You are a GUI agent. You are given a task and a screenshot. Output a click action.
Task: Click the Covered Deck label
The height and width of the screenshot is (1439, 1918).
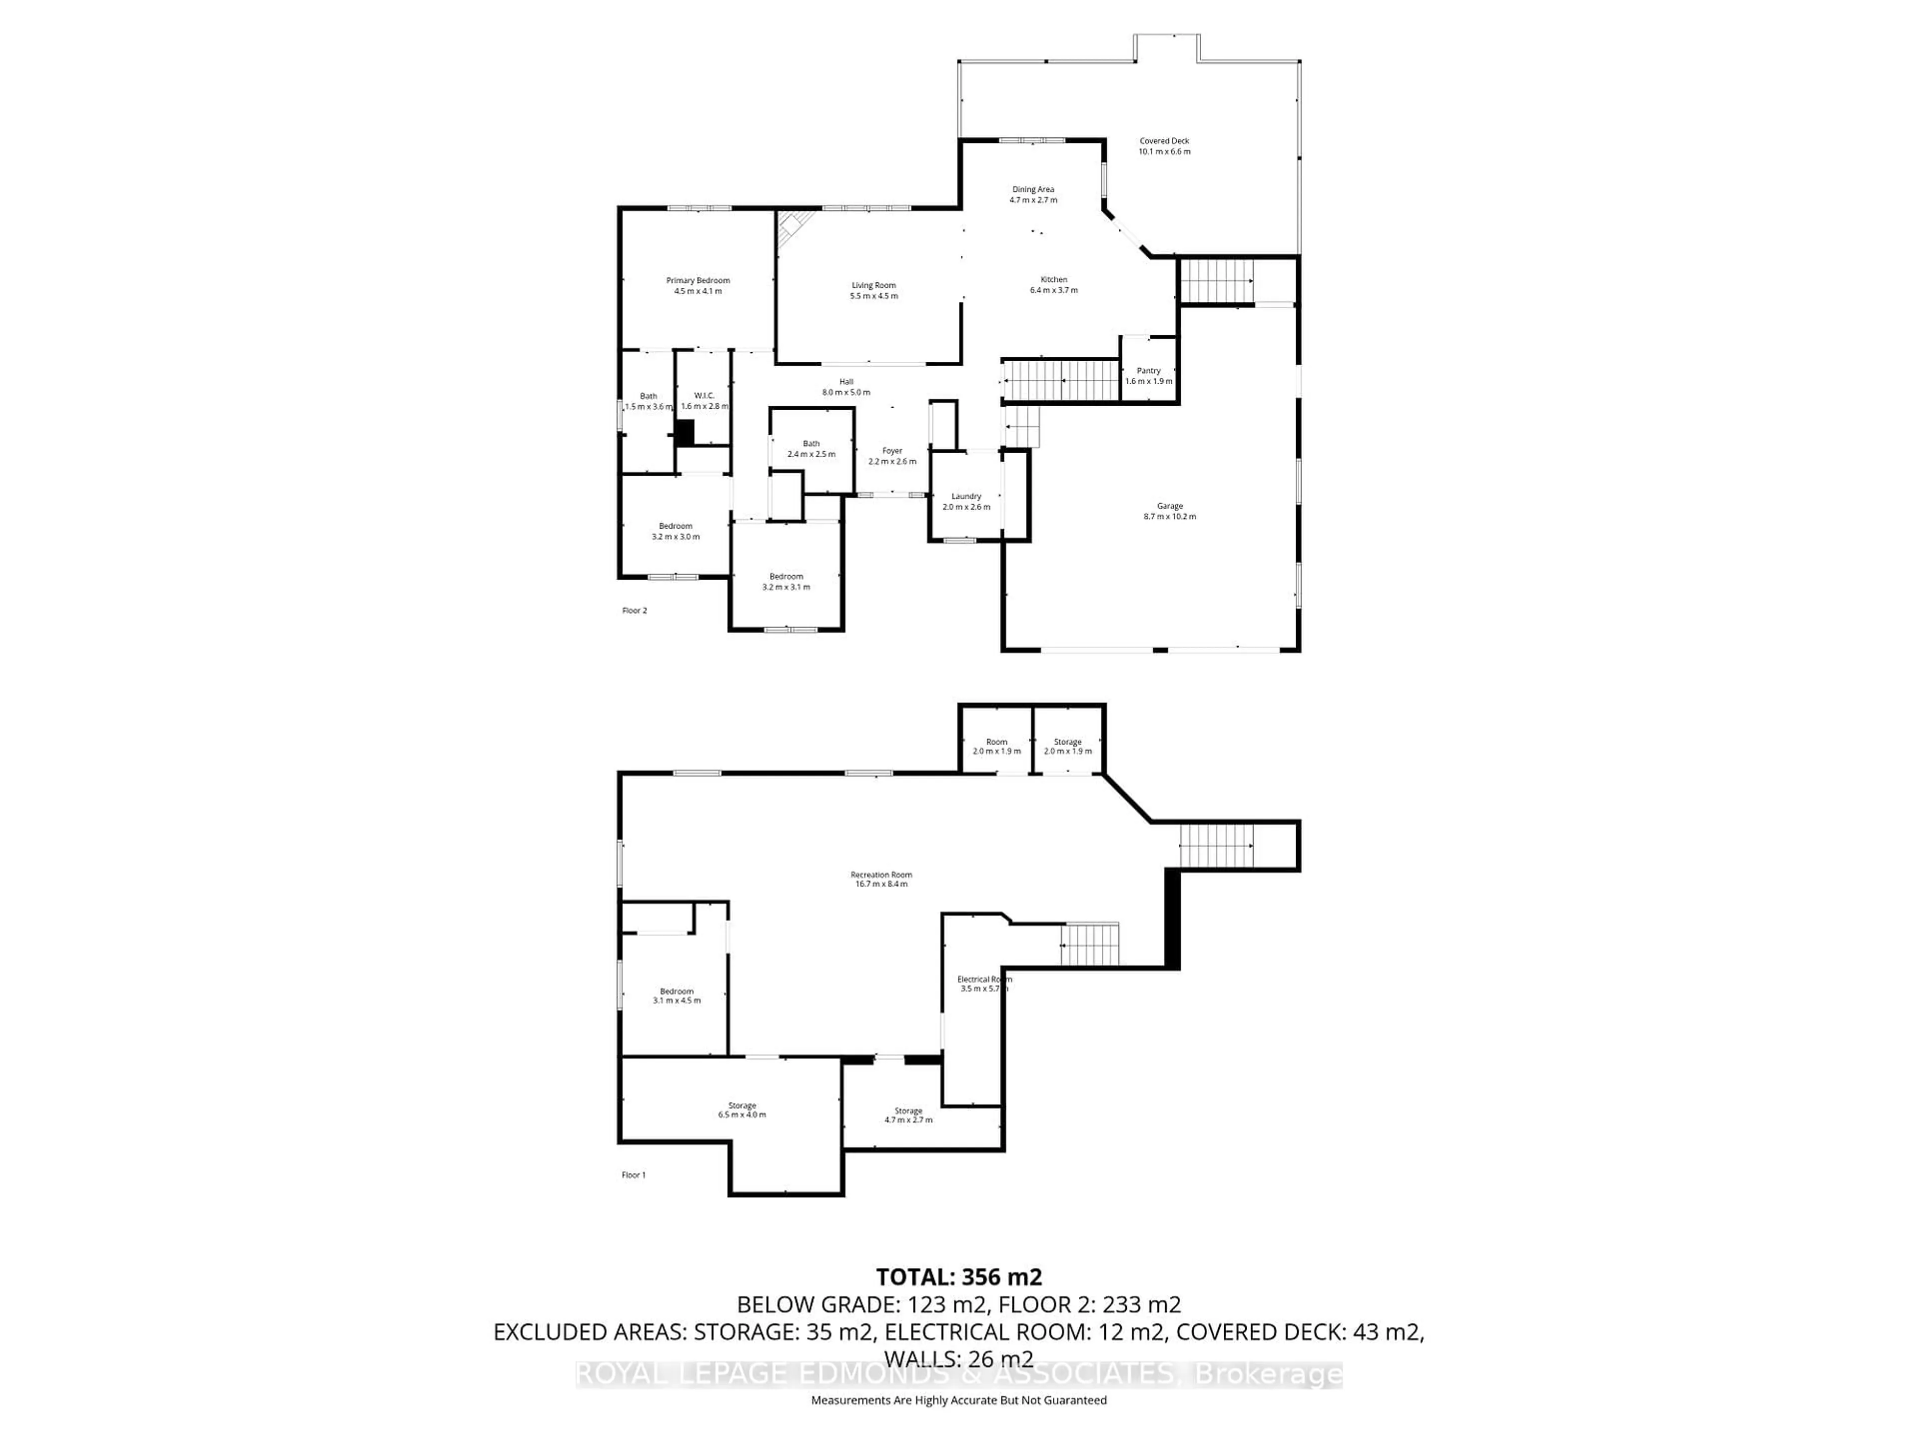(1164, 146)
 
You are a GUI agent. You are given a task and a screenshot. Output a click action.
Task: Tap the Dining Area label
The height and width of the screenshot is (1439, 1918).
(1033, 194)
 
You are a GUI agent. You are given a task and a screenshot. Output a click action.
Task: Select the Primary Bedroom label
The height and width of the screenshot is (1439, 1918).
(698, 285)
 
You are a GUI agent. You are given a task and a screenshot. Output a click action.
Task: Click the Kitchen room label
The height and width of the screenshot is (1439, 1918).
(1053, 284)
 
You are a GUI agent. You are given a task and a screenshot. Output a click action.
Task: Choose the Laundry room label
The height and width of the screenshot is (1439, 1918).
(966, 501)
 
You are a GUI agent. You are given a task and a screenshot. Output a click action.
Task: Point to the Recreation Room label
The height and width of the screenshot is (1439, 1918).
(881, 879)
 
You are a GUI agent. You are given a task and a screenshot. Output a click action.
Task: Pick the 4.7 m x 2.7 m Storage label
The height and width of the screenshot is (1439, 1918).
(908, 1115)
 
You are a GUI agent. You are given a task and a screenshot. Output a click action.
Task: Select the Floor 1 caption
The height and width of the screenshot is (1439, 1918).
(633, 1175)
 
